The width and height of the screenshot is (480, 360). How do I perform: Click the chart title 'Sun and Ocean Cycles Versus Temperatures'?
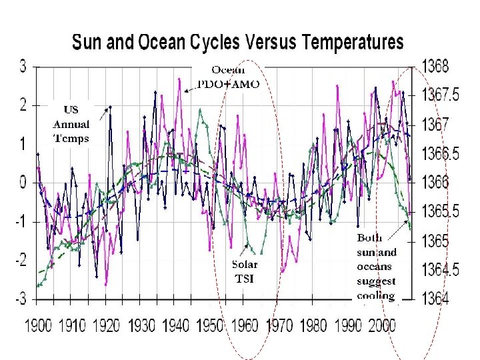point(237,43)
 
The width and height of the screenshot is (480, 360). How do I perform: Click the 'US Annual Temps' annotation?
point(71,124)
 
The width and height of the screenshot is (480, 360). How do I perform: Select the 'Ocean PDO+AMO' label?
point(229,77)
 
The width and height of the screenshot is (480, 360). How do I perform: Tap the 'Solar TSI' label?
point(245,271)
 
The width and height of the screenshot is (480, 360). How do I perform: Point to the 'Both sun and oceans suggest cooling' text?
point(377,267)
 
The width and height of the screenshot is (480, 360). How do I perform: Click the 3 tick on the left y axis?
point(23,66)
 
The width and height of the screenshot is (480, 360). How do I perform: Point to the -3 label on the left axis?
point(20,299)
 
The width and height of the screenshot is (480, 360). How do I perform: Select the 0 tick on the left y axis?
point(23,182)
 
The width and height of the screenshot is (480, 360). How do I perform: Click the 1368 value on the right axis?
point(437,66)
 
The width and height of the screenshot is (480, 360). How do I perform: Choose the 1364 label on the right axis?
point(437,299)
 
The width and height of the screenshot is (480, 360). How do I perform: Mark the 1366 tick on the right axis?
point(437,182)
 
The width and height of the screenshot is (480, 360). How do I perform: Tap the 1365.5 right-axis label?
point(442,211)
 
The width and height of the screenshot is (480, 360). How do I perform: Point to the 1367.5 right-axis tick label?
point(442,95)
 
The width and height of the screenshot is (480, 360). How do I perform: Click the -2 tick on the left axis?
point(20,260)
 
